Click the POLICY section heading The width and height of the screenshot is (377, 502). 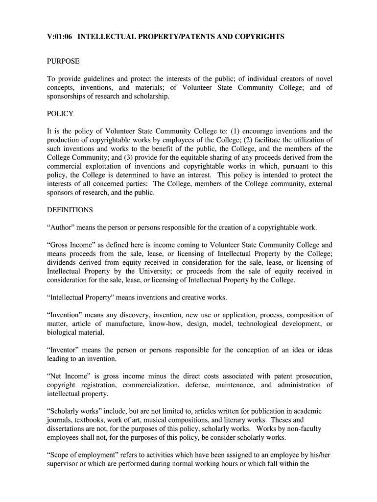point(60,114)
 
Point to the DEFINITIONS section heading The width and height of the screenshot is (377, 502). point(70,210)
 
